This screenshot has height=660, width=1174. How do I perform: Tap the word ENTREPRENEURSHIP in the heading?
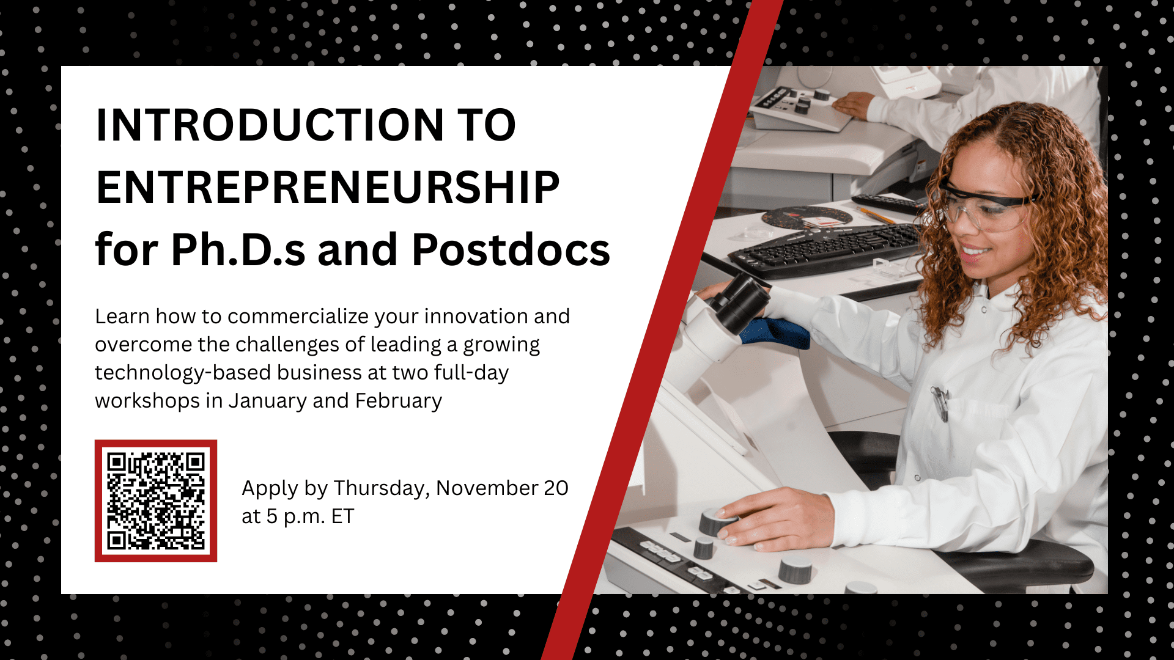pyautogui.click(x=328, y=188)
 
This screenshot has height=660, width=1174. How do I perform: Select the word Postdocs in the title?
pyautogui.click(x=511, y=250)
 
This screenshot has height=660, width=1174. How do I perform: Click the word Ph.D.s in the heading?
pyautogui.click(x=238, y=250)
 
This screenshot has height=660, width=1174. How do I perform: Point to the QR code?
pyautogui.click(x=156, y=501)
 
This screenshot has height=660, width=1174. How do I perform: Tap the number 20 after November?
pyautogui.click(x=556, y=488)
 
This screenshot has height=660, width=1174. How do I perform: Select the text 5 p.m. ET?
pyautogui.click(x=310, y=517)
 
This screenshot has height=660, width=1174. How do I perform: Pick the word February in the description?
pyautogui.click(x=399, y=401)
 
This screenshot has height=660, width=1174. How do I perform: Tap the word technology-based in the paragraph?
pyautogui.click(x=182, y=373)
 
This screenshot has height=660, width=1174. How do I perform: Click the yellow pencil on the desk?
pyautogui.click(x=878, y=215)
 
